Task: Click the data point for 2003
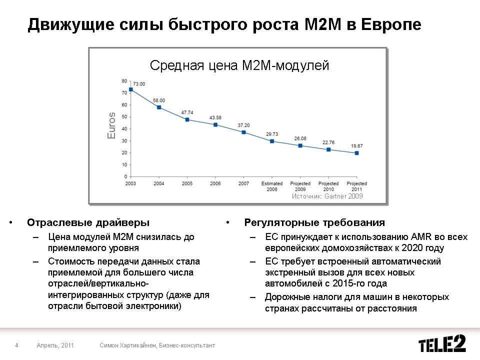131,89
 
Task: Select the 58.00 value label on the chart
159,100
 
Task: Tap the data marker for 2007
243,132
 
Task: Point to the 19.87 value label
356,146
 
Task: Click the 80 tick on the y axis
124,80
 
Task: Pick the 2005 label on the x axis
187,183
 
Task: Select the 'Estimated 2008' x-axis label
272,186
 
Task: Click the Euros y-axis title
112,125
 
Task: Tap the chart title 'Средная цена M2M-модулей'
239,65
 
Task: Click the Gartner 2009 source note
327,196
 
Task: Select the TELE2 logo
442,344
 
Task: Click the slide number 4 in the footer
17,345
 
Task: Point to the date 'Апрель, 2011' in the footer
55,345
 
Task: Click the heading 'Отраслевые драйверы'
88,222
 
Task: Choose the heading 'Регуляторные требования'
314,222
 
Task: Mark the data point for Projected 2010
328,149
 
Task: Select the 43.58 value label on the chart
215,117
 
